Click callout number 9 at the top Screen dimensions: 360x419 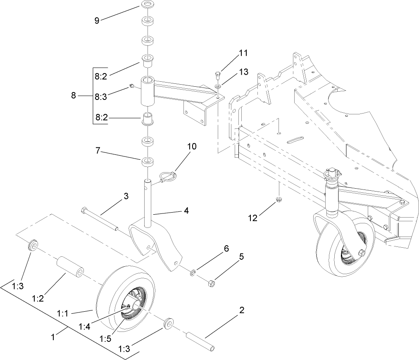tap(97, 20)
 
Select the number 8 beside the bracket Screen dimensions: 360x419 tap(74, 95)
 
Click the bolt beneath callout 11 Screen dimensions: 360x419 tap(217, 76)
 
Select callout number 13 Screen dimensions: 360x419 tap(243, 72)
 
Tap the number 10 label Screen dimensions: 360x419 tap(192, 147)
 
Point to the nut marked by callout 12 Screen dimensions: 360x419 tap(279, 201)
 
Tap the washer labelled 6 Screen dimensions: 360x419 tap(193, 273)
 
